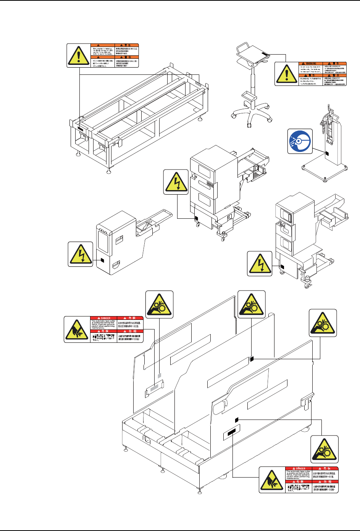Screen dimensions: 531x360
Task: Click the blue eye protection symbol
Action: point(300,142)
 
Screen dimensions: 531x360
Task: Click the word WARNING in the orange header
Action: point(311,64)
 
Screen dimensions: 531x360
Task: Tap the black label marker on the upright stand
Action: point(326,153)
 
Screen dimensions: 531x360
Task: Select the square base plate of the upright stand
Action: point(324,168)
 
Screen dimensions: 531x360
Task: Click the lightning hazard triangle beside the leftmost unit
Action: point(81,254)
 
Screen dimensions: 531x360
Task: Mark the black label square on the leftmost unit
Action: point(102,260)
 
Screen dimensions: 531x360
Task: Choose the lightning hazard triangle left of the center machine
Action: point(176,182)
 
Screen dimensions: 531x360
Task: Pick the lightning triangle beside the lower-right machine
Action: point(260,263)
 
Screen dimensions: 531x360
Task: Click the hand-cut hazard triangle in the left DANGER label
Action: point(77,329)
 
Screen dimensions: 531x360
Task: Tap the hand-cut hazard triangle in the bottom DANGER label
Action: point(272,479)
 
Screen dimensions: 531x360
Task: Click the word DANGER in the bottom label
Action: point(300,468)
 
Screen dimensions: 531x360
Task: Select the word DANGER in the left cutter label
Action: point(105,318)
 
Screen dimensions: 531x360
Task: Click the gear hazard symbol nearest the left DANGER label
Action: point(160,305)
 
